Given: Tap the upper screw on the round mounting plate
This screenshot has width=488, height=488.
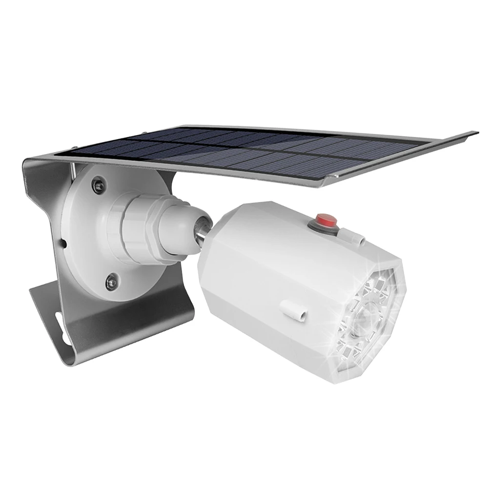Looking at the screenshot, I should (100, 183).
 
